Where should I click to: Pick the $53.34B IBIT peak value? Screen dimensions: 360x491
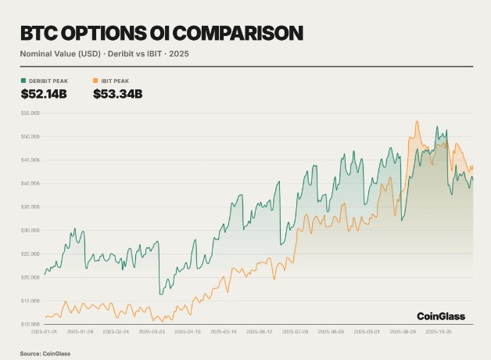coord(117,95)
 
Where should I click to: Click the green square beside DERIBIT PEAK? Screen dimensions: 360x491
coord(23,81)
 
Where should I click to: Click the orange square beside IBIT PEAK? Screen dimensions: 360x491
coord(95,81)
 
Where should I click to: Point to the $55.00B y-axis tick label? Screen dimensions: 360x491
coord(30,113)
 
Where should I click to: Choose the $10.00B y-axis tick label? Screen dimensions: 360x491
coord(30,324)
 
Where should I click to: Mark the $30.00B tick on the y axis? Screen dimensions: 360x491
coord(30,230)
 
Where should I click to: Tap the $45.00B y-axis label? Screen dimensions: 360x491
coord(30,160)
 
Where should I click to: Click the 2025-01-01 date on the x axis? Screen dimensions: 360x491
coord(45,332)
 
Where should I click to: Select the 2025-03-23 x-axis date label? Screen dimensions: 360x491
coord(152,332)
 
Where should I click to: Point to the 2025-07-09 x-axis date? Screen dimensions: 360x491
coord(295,332)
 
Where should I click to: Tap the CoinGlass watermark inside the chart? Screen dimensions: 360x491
coord(440,316)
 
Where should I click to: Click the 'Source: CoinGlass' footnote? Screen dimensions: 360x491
coord(41,354)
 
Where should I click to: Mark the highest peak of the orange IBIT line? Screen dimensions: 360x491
coord(418,121)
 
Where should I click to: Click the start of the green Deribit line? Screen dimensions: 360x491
coord(45,274)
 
